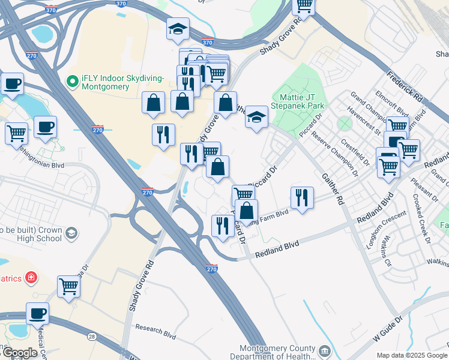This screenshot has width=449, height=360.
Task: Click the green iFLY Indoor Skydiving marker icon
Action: pyautogui.click(x=73, y=80)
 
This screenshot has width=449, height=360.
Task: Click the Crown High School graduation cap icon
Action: pyautogui.click(x=71, y=233)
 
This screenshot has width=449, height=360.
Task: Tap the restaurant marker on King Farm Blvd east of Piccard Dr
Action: pyautogui.click(x=301, y=197)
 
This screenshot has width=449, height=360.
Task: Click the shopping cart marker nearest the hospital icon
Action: pyautogui.click(x=69, y=286)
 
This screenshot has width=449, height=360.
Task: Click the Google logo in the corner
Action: pyautogui.click(x=20, y=353)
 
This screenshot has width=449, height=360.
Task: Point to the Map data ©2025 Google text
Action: pyautogui.click(x=412, y=355)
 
